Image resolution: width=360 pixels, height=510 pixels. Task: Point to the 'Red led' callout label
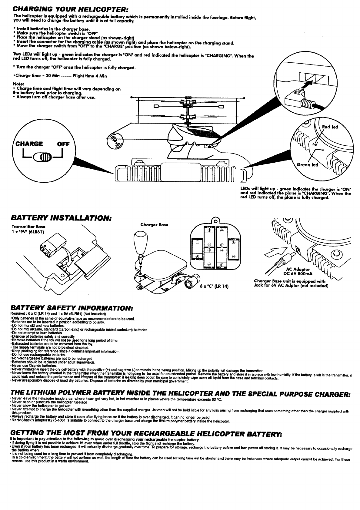click(x=330, y=127)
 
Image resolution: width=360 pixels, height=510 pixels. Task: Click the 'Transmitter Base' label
click(x=24, y=227)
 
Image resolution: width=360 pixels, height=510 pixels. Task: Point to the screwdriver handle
click(x=140, y=240)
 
